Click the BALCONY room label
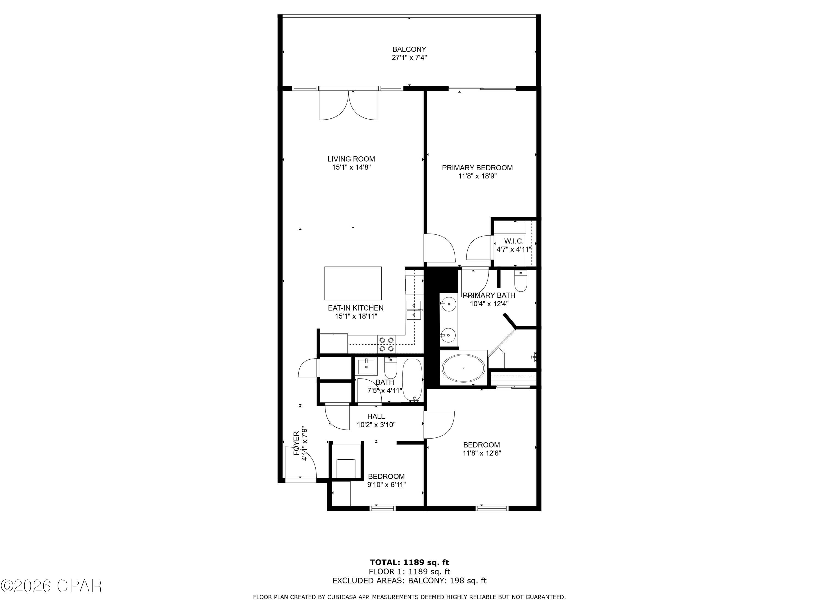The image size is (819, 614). [409, 49]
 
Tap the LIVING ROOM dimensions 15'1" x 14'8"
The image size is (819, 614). [351, 167]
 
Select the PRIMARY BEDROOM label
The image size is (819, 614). [477, 168]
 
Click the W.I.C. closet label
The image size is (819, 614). [514, 241]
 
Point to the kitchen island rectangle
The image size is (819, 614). [353, 283]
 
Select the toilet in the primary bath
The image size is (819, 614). [520, 282]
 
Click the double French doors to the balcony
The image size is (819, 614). [348, 106]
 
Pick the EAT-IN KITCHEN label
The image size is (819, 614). [355, 308]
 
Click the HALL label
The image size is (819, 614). [376, 417]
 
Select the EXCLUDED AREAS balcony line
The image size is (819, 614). [409, 581]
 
